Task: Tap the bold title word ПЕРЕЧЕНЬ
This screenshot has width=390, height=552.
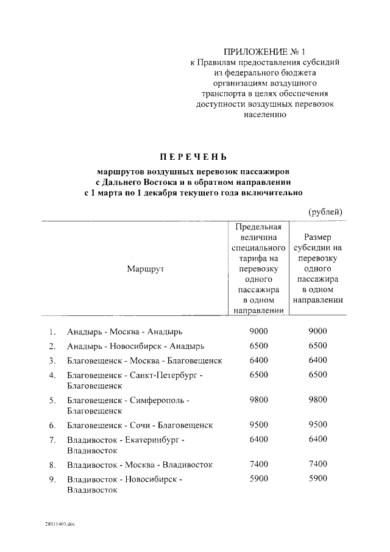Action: tap(194, 156)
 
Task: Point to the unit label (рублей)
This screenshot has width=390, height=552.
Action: tap(325, 211)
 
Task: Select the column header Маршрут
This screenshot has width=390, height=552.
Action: tap(146, 268)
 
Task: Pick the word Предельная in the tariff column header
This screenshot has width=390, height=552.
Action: tap(259, 227)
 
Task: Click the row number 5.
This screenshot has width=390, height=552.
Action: tap(53, 401)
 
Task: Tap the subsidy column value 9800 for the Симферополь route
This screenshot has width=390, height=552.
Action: tap(317, 400)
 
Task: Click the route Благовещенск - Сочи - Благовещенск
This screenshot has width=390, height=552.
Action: tap(140, 425)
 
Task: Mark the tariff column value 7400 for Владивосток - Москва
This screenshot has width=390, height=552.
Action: tap(259, 464)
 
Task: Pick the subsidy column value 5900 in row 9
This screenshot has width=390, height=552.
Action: tap(317, 479)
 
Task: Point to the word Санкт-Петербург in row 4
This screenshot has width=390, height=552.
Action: tap(165, 376)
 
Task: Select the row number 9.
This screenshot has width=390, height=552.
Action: tap(53, 479)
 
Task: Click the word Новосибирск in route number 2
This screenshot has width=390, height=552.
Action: tap(135, 346)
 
